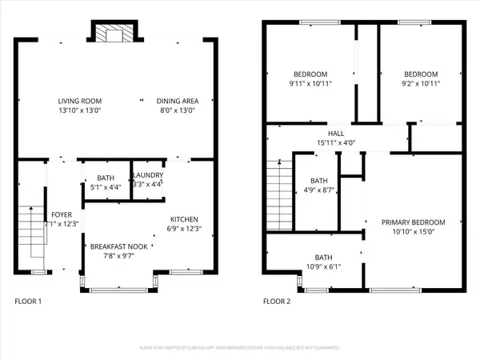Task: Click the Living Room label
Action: (x=79, y=101)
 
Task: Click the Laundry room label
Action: (x=148, y=175)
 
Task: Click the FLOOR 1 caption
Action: (x=29, y=302)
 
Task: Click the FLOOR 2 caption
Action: (x=277, y=302)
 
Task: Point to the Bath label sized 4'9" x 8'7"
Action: (x=319, y=181)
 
